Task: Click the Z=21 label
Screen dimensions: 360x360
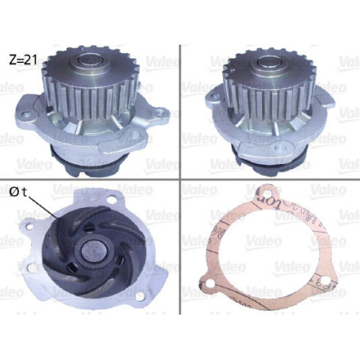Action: [x=23, y=59]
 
